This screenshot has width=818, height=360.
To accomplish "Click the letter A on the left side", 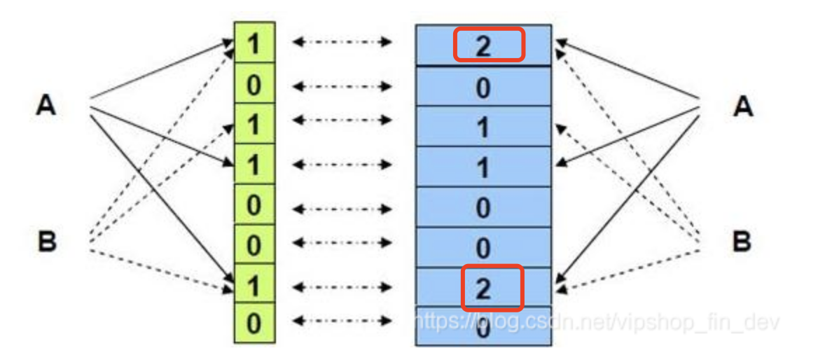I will pyautogui.click(x=46, y=107).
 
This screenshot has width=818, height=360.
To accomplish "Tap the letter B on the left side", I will pyautogui.click(x=46, y=242).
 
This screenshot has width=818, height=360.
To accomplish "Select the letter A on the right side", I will pyautogui.click(x=742, y=107).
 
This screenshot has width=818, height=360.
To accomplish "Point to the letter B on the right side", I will pyautogui.click(x=742, y=242).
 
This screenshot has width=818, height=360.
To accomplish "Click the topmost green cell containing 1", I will pyautogui.click(x=254, y=43).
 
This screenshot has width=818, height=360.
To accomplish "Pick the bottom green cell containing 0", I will pyautogui.click(x=254, y=324).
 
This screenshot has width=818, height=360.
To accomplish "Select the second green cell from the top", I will pyautogui.click(x=254, y=84).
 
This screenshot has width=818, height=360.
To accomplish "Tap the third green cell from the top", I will pyautogui.click(x=254, y=125).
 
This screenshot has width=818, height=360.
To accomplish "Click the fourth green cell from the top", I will pyautogui.click(x=254, y=165).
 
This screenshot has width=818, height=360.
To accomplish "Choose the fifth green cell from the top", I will pyautogui.click(x=254, y=206).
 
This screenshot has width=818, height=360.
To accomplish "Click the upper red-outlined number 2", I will pyautogui.click(x=488, y=45).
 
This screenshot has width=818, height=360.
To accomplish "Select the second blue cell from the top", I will pyautogui.click(x=483, y=87).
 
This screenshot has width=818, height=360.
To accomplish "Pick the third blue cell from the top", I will pyautogui.click(x=483, y=127).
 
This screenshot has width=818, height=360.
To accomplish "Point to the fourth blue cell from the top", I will pyautogui.click(x=483, y=167).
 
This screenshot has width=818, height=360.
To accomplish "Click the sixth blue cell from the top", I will pyautogui.click(x=483, y=247).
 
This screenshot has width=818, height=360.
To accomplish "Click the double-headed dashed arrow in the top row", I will pyautogui.click(x=341, y=43).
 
